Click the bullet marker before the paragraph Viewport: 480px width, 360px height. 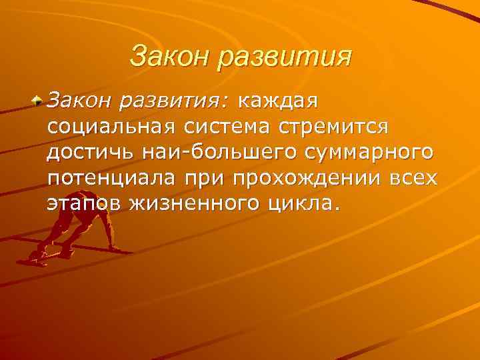coord(39,103)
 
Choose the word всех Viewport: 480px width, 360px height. coord(414,178)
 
